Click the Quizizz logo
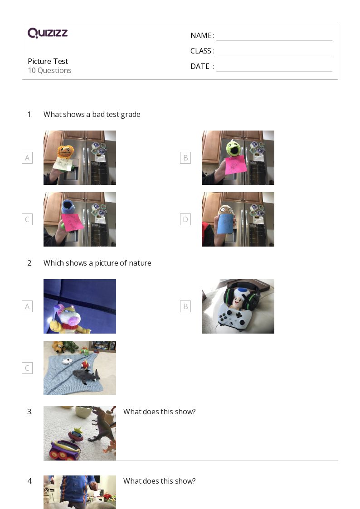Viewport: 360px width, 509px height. [48, 33]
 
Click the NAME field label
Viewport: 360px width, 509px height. [202, 35]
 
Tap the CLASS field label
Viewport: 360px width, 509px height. [202, 51]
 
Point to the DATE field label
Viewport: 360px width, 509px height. [202, 66]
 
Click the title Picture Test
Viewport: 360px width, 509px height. [48, 61]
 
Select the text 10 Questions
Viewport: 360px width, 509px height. [50, 70]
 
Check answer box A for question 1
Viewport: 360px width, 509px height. [27, 158]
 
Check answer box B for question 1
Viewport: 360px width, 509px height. [185, 158]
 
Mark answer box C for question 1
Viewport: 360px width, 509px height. [27, 219]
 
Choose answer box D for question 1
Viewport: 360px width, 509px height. [185, 219]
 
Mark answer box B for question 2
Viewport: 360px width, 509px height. [185, 306]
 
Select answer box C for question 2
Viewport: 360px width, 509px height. [27, 368]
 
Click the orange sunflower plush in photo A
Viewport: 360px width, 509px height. [66, 151]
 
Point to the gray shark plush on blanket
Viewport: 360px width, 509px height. [86, 376]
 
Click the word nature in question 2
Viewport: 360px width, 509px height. [140, 263]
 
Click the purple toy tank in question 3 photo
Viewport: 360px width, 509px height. [64, 450]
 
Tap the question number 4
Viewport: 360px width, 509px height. [30, 481]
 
